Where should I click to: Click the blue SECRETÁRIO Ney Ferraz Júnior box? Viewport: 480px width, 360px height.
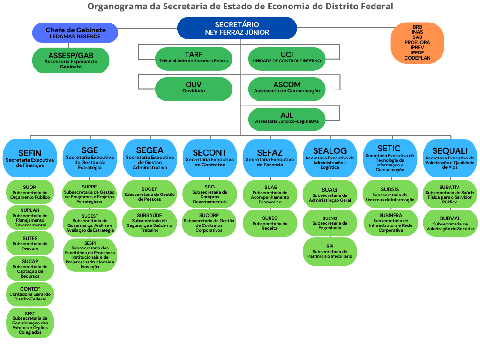pos(237,28)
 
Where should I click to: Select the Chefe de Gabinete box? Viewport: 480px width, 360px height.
pos(75,33)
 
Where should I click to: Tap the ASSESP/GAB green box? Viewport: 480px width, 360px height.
pos(71,60)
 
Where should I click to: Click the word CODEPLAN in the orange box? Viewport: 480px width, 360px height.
pos(417,58)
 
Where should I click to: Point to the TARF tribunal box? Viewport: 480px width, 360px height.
pos(194,58)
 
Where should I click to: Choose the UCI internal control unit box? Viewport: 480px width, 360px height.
pos(287,58)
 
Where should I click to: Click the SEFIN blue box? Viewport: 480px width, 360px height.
pos(30,158)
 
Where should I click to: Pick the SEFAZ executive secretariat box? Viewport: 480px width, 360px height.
pos(270,158)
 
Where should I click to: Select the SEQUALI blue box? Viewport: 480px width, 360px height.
pos(450,158)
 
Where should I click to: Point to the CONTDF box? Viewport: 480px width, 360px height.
pos(30,294)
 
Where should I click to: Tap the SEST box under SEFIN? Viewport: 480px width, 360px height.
pos(30,322)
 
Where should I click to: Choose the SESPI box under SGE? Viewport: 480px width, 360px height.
pos(90,254)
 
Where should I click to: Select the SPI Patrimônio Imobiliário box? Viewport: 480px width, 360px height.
pos(330,251)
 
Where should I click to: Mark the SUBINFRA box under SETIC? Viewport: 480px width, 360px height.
pos(390,223)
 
